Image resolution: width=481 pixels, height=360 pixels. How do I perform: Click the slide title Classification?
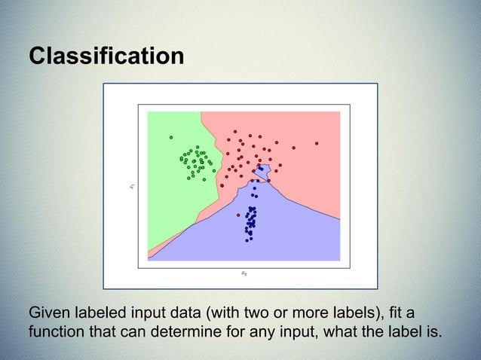106,56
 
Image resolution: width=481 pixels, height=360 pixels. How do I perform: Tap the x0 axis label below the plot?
243,273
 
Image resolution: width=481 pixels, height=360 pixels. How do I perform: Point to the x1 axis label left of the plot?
130,185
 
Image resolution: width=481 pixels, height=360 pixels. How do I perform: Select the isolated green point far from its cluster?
171,137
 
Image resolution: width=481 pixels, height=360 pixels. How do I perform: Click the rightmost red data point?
317,142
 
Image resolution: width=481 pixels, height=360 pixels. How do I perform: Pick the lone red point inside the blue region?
238,215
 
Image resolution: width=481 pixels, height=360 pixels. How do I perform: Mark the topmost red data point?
234,131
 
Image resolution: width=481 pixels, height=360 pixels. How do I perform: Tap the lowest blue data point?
247,240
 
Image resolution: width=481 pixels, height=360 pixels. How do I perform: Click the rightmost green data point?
214,170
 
